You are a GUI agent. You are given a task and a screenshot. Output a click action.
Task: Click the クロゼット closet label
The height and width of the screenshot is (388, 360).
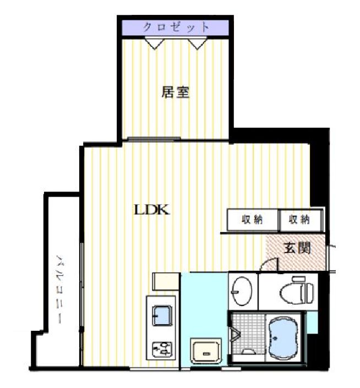176,27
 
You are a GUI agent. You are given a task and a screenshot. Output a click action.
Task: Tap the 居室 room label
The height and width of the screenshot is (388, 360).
176,92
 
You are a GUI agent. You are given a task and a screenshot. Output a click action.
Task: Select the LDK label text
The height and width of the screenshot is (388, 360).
152,210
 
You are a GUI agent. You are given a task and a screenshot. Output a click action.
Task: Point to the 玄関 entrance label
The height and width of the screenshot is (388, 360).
297,248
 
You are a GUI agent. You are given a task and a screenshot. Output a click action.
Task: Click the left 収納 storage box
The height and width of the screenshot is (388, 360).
252,220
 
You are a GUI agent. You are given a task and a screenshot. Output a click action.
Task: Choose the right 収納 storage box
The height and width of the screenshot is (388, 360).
301,220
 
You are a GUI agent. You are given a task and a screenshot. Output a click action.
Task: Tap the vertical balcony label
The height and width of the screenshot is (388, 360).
59,289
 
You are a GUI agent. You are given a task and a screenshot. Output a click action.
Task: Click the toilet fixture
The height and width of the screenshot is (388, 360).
297,290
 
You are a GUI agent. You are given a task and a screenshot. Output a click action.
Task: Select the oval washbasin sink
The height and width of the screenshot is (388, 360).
243,291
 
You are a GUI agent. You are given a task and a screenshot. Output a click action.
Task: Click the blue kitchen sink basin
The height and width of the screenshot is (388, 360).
162,316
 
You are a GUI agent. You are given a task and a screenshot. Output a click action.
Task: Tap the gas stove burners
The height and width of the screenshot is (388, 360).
162,349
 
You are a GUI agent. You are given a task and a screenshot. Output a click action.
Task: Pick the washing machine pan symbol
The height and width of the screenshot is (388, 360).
205,351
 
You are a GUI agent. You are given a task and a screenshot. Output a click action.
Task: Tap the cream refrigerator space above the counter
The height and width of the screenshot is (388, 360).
166,281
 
